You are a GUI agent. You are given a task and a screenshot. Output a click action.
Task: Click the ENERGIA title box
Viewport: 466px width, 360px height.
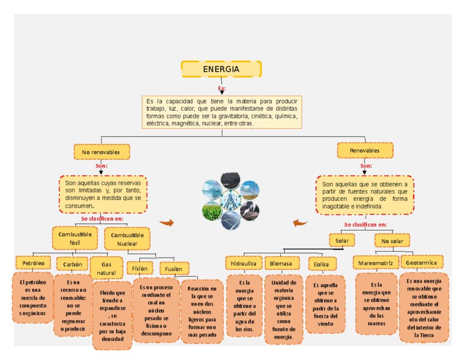221,69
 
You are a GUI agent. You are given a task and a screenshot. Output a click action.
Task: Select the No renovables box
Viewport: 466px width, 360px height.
101,152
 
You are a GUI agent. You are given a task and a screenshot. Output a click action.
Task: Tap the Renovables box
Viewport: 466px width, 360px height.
365,150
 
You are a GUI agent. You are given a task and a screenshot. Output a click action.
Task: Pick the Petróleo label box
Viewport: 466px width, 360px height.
33,263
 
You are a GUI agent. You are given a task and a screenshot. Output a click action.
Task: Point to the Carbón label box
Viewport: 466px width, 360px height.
72,264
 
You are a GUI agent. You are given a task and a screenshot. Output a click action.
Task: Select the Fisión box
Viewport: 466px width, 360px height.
140,268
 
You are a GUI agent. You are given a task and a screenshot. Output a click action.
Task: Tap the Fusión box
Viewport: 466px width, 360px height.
174,269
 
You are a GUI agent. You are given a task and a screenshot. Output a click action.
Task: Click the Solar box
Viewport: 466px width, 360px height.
342,240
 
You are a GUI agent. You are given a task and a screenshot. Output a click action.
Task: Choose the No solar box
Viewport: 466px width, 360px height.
392,240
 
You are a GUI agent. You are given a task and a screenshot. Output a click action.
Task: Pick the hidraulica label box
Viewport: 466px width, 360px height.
243,263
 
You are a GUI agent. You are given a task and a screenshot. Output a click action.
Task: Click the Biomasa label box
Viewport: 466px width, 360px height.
282,263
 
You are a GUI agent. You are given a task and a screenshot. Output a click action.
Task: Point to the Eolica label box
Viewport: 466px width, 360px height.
322,264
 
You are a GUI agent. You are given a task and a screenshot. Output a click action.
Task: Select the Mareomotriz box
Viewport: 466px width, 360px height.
375,263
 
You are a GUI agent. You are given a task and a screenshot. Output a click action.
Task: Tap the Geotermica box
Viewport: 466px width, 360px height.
421,262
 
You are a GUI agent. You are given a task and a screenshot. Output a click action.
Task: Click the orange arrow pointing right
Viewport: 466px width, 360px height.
167,223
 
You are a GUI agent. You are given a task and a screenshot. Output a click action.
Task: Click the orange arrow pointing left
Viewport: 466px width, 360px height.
300,223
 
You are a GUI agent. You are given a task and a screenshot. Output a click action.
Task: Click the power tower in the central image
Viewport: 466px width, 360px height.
231,200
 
